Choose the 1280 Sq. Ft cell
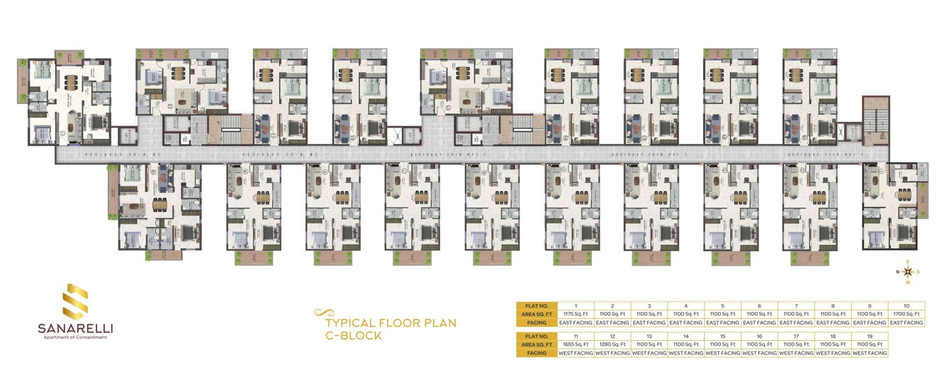point(613,343)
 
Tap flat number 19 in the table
point(869,335)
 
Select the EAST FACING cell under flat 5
point(723,323)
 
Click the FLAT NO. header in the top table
point(537,305)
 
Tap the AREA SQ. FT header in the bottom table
point(537,343)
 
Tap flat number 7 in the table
point(796,305)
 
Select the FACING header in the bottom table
point(537,352)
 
